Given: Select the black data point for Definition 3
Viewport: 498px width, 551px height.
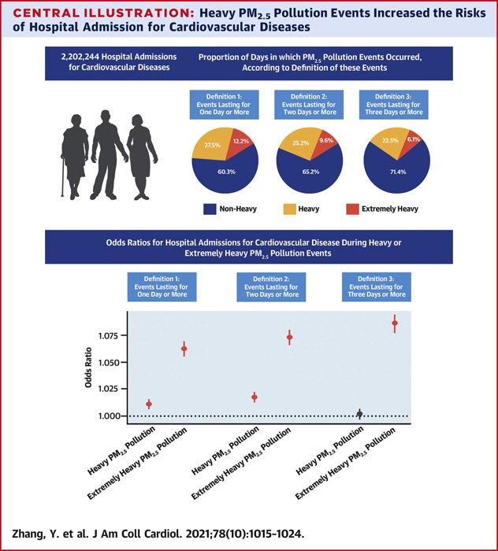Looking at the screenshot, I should (359, 413).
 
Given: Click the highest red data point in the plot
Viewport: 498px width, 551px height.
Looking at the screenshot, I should (395, 323).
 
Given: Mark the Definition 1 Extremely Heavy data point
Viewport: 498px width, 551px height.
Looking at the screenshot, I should (184, 348).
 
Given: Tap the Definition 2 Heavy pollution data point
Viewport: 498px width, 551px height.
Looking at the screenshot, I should (255, 397).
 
